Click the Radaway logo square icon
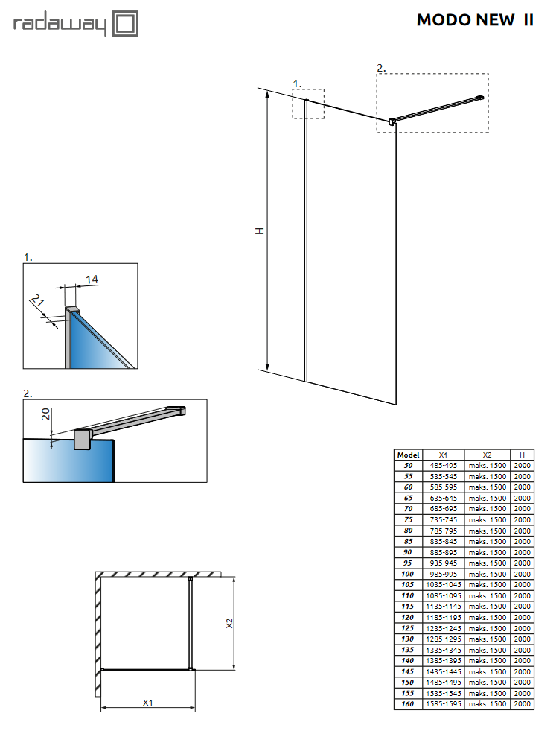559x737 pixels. [x=126, y=23]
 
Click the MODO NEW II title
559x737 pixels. [x=474, y=20]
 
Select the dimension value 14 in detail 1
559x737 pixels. [x=92, y=279]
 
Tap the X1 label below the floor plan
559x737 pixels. [x=147, y=703]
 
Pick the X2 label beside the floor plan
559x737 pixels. [x=230, y=623]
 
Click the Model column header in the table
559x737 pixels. [x=409, y=455]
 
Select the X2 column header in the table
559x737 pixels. [x=487, y=455]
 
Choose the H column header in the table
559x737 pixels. [x=522, y=455]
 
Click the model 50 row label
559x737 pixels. [x=409, y=465]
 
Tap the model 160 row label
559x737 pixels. [x=409, y=704]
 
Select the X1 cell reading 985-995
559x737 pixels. [x=443, y=574]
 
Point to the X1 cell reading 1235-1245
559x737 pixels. [x=443, y=628]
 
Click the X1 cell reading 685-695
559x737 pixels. [x=443, y=509]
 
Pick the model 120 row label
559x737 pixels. [x=409, y=617]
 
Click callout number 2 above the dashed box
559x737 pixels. [x=380, y=68]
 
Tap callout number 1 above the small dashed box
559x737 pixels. [x=296, y=83]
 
